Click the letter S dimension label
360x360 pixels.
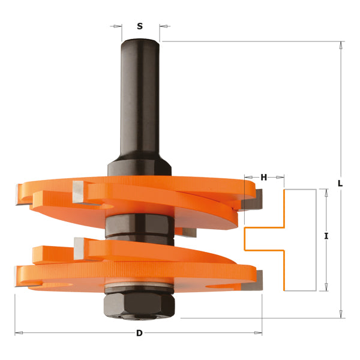pyautogui.click(x=140, y=26)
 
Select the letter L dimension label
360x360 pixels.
pyautogui.click(x=340, y=184)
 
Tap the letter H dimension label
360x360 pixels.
pyautogui.click(x=264, y=177)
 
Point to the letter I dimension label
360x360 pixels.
pyautogui.click(x=326, y=236)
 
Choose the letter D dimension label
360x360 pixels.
pyautogui.click(x=139, y=333)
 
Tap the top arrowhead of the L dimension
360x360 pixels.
pyautogui.click(x=341, y=46)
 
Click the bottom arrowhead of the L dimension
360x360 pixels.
pyautogui.click(x=341, y=313)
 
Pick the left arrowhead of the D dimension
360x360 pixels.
pyautogui.click(x=19, y=332)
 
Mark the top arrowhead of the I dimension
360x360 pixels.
pyautogui.click(x=326, y=193)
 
